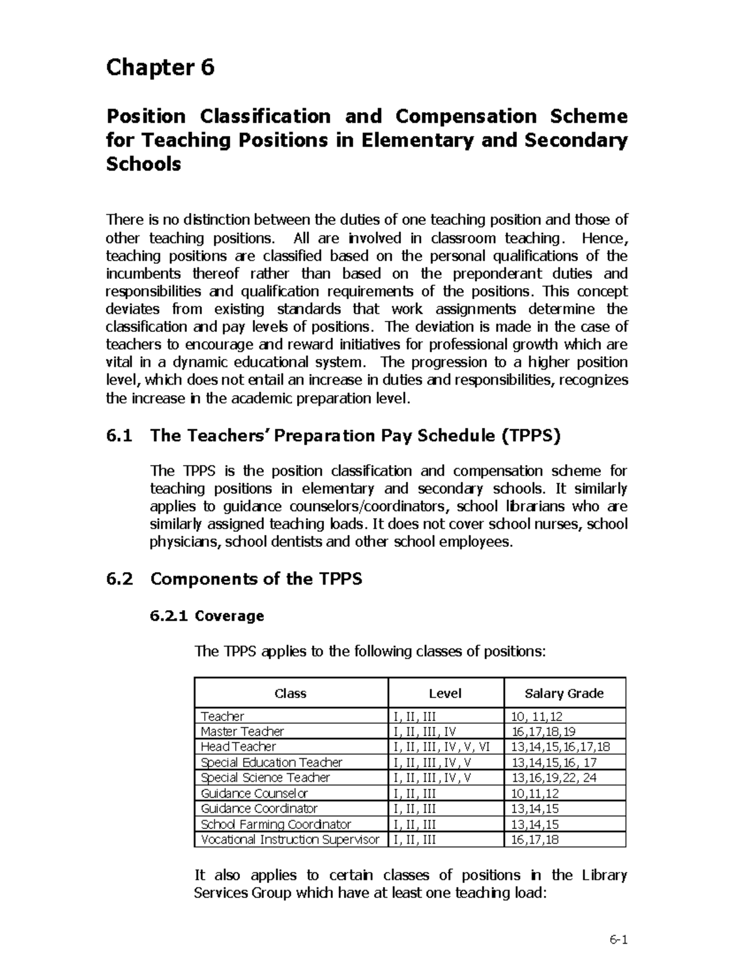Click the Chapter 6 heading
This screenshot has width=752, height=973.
click(x=160, y=67)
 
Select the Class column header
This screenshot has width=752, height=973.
click(x=290, y=693)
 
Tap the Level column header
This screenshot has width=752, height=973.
click(x=445, y=693)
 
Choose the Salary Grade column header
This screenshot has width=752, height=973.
click(x=564, y=693)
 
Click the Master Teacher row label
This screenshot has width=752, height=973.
click(x=242, y=731)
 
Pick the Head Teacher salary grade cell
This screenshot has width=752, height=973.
click(x=560, y=747)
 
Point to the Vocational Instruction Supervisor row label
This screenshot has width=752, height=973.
click(x=290, y=840)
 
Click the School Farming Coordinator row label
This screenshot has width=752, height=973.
click(x=276, y=824)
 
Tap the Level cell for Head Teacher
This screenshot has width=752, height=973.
click(x=441, y=747)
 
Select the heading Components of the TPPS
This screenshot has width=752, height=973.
click(x=256, y=578)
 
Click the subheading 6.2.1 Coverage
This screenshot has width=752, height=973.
click(x=207, y=616)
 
